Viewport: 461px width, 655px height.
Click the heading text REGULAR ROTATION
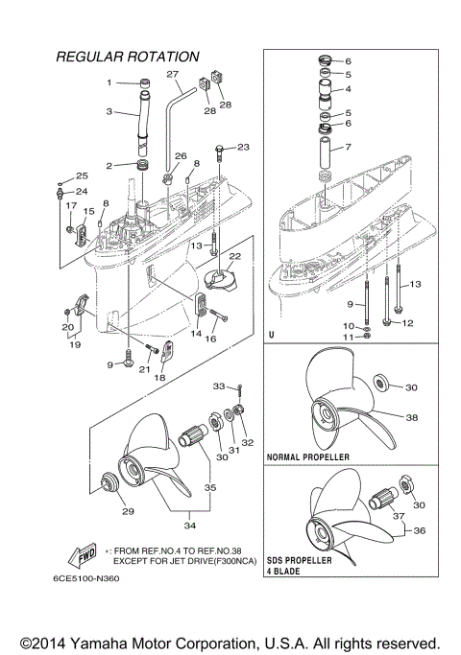click(128, 58)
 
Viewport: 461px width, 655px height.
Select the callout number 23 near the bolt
click(242, 147)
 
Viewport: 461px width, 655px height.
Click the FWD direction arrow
click(79, 554)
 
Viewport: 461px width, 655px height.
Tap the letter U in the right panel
click(273, 336)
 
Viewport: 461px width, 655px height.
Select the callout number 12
click(407, 323)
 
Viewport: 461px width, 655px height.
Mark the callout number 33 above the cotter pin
click(218, 386)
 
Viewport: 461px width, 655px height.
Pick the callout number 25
click(82, 175)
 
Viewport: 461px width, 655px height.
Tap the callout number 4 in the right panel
click(349, 89)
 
